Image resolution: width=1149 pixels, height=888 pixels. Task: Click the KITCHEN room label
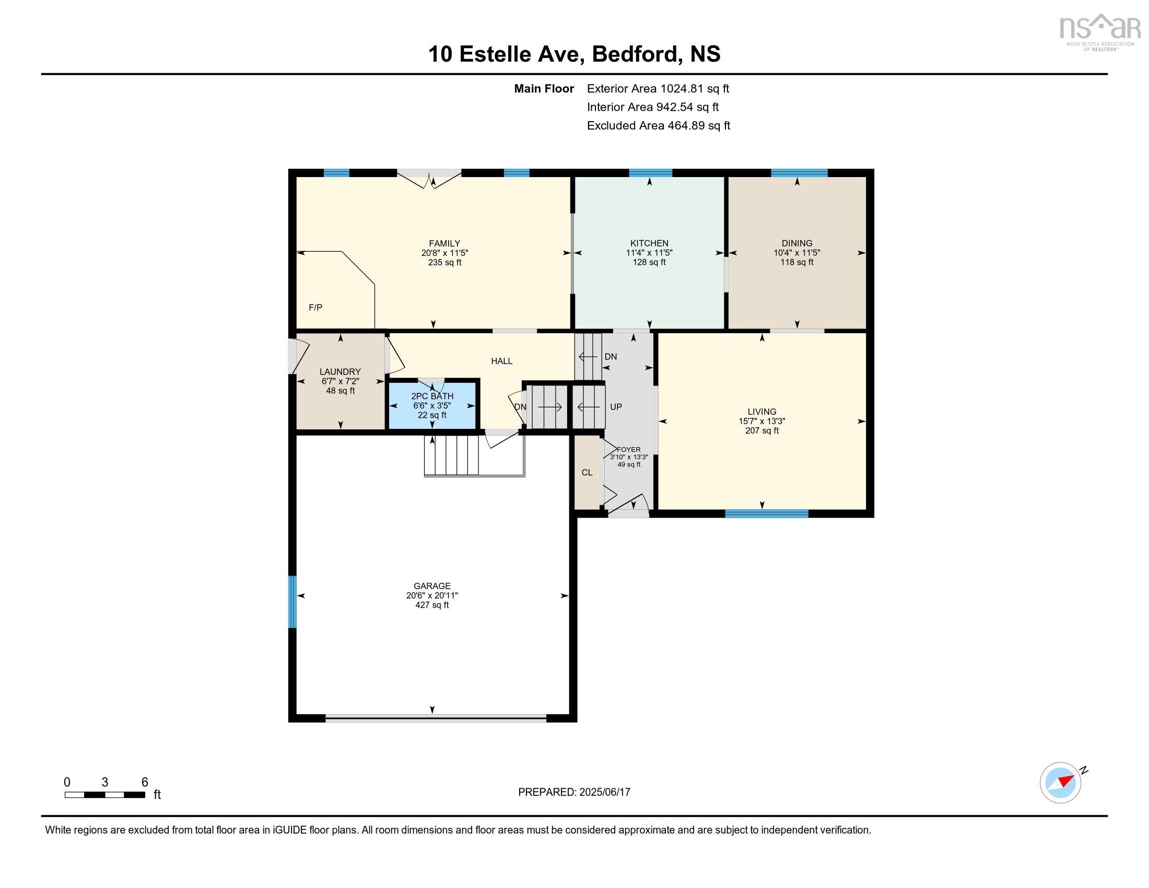[x=649, y=243]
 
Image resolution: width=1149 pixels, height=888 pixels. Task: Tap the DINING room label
[x=797, y=243]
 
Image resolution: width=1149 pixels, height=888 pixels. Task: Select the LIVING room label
[x=762, y=412]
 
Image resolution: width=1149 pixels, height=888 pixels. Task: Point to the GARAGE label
[x=432, y=586]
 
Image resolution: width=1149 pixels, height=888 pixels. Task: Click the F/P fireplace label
[x=315, y=307]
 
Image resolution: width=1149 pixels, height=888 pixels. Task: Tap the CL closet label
[x=587, y=472]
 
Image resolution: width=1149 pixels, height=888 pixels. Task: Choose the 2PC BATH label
[x=432, y=396]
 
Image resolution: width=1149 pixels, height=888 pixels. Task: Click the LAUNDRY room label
[x=341, y=371]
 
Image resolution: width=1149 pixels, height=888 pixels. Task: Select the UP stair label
[x=616, y=406]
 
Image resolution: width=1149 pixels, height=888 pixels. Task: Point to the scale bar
[x=104, y=795]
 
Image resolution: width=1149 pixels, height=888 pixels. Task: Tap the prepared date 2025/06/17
[x=604, y=792]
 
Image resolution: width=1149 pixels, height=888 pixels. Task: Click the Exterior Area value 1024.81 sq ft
[x=695, y=88]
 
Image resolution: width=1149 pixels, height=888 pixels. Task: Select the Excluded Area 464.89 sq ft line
[x=659, y=125]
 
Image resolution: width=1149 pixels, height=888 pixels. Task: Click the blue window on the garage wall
[x=292, y=602]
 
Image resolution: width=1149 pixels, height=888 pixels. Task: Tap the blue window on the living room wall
[x=767, y=513]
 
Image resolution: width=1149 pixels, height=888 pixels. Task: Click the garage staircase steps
[x=451, y=455]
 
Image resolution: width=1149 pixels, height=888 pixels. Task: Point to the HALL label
[x=501, y=361]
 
